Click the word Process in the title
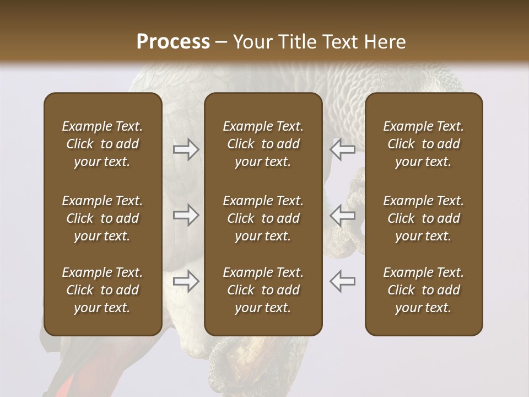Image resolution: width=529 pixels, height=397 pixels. coord(173,42)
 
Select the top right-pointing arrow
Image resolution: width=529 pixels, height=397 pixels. coord(186,149)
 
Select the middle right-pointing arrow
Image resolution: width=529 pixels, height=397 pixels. coord(186,215)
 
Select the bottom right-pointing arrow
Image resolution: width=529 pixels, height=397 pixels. coord(186,281)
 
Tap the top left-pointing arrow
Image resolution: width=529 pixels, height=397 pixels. coord(342,149)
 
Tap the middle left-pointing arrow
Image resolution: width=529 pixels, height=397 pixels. coord(342,215)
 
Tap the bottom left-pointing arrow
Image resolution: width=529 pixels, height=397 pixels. coord(342,281)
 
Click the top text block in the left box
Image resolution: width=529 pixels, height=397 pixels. coord(102,144)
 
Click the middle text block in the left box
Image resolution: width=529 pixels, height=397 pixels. coord(102,218)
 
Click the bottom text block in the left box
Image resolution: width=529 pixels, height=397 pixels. coord(102,290)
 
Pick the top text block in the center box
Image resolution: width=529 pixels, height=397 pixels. coord(263,144)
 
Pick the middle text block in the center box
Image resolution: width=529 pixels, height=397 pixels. coord(263,218)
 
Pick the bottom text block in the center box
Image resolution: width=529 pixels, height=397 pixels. coord(263,290)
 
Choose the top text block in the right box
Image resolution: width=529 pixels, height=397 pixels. coord(424,144)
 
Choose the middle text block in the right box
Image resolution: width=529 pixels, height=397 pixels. coord(424,218)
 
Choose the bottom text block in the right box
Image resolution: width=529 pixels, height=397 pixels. coord(424,290)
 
